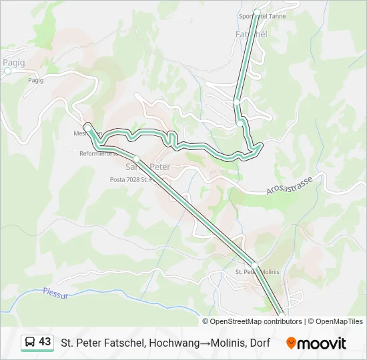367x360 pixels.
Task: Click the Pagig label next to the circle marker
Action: [x=13, y=62]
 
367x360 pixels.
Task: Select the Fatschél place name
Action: [x=251, y=33]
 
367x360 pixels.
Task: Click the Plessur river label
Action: [x=55, y=292]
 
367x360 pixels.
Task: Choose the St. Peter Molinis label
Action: [x=257, y=272]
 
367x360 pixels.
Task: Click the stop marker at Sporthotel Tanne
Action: [x=256, y=12]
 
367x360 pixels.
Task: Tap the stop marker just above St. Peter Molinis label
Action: [x=254, y=265]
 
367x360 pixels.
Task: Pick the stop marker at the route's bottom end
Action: [x=282, y=316]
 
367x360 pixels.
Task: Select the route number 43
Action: [x=45, y=342]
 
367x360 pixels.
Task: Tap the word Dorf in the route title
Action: [x=260, y=343]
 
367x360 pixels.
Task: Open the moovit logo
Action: [x=316, y=343]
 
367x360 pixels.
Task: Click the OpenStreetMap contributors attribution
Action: [x=256, y=321]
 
